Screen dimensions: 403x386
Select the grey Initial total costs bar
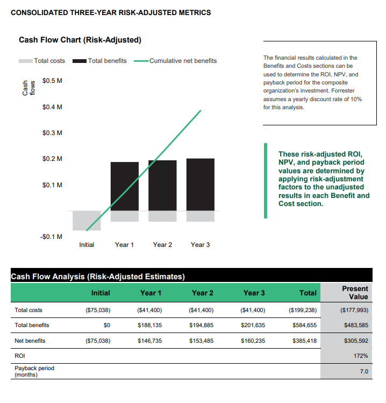(87, 220)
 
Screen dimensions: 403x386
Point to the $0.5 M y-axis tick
(52, 81)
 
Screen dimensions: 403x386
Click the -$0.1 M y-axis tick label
(51, 237)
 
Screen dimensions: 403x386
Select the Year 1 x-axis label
(124, 245)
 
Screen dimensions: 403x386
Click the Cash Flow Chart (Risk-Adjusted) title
(80, 40)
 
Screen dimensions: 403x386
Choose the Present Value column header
(355, 293)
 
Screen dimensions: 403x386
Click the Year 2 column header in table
(203, 293)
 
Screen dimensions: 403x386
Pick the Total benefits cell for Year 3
(254, 326)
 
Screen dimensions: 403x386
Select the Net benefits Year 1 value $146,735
(151, 341)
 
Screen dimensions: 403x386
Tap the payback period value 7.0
(363, 371)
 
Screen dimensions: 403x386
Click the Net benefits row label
(30, 341)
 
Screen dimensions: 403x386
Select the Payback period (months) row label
(34, 371)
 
